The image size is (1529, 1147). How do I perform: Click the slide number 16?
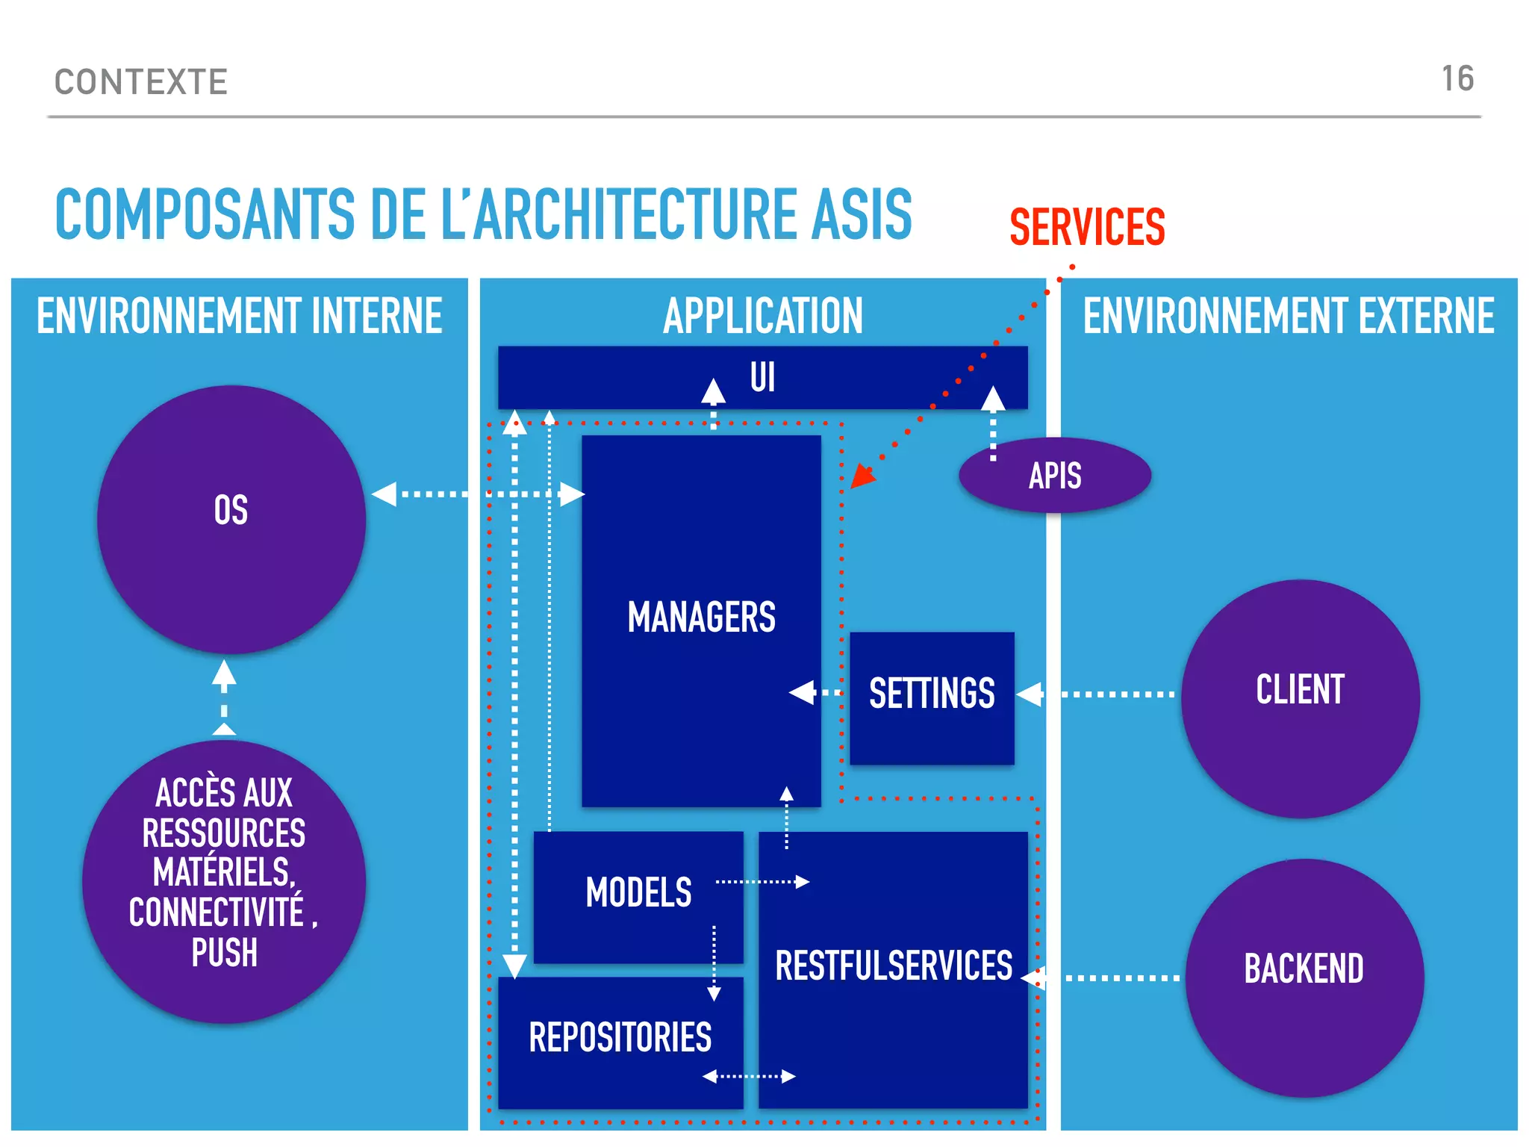click(1457, 79)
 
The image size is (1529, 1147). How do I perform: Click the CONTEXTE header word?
click(141, 82)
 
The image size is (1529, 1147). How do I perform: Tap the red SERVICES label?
click(1087, 228)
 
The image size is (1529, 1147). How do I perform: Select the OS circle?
click(231, 519)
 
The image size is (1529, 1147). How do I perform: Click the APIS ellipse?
click(1055, 476)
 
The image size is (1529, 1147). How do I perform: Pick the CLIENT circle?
click(1300, 697)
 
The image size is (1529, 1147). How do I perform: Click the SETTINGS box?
click(932, 694)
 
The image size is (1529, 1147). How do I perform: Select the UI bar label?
click(762, 377)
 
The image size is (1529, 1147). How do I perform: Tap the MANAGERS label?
click(701, 618)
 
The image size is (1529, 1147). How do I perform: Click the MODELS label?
click(638, 893)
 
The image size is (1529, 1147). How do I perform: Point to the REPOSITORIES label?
click(620, 1038)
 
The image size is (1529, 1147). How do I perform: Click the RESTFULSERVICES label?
click(893, 966)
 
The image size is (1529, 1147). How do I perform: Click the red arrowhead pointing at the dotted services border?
click(862, 476)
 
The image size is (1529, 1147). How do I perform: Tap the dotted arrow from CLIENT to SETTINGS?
click(1097, 694)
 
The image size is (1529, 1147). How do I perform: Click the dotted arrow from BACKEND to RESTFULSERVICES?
click(1105, 977)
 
